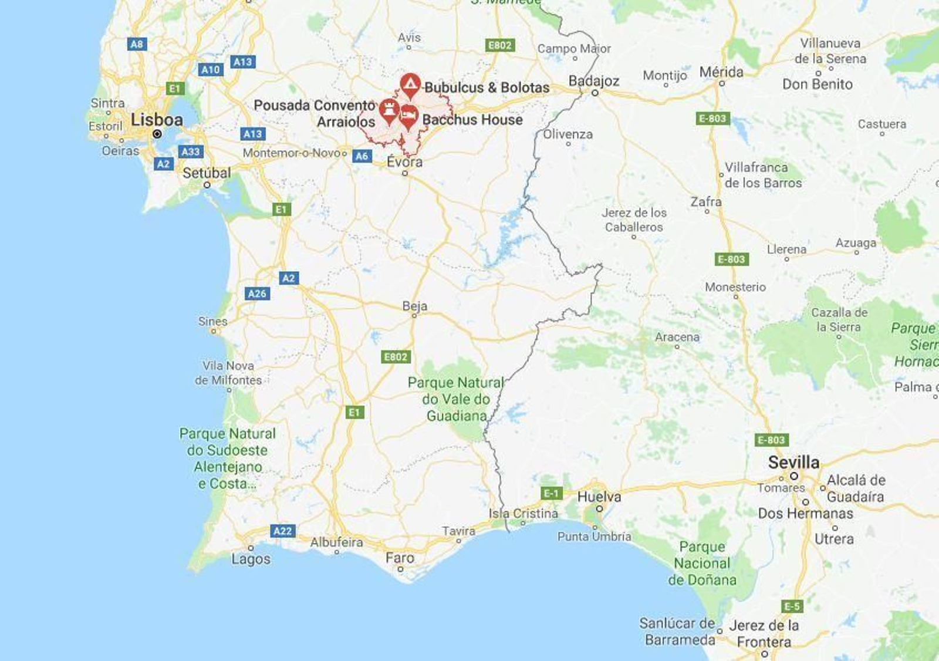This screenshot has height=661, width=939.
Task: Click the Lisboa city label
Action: (157, 120)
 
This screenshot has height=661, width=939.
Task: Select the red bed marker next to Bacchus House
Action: (408, 116)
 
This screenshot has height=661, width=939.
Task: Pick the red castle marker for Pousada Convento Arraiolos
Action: (389, 110)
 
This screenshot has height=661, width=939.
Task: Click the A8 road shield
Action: (137, 44)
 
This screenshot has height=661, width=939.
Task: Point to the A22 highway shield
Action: (282, 531)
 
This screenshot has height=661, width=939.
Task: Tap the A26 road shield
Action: (257, 294)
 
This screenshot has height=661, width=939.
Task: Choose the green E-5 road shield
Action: (792, 606)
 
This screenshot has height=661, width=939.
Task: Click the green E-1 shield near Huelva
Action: (551, 493)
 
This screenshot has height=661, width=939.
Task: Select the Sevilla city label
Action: (793, 462)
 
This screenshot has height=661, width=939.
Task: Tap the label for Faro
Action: (400, 558)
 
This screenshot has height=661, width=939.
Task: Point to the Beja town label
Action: (415, 306)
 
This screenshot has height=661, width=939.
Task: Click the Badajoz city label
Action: (594, 81)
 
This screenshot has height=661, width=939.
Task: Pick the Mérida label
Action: (721, 72)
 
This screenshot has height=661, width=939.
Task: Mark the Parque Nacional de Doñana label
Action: (702, 563)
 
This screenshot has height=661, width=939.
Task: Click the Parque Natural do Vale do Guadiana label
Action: (456, 399)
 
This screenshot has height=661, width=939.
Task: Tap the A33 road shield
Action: (191, 151)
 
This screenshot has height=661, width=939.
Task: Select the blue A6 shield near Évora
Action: (362, 156)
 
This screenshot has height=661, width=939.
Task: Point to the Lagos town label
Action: (251, 559)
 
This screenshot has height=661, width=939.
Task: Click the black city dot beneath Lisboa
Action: (157, 134)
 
